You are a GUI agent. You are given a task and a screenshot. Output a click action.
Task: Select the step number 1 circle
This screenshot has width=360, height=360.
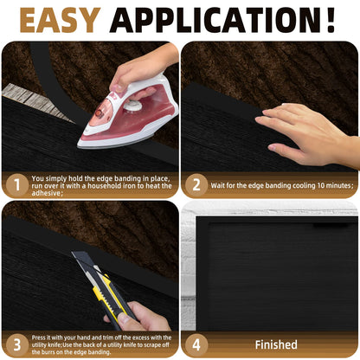[14, 183]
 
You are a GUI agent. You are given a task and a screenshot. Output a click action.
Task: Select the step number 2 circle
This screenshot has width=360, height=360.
[196, 183]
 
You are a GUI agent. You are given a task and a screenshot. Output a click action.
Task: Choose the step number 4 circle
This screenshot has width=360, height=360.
[196, 344]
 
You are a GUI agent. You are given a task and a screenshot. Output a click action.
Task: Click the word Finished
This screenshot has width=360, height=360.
[276, 344]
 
